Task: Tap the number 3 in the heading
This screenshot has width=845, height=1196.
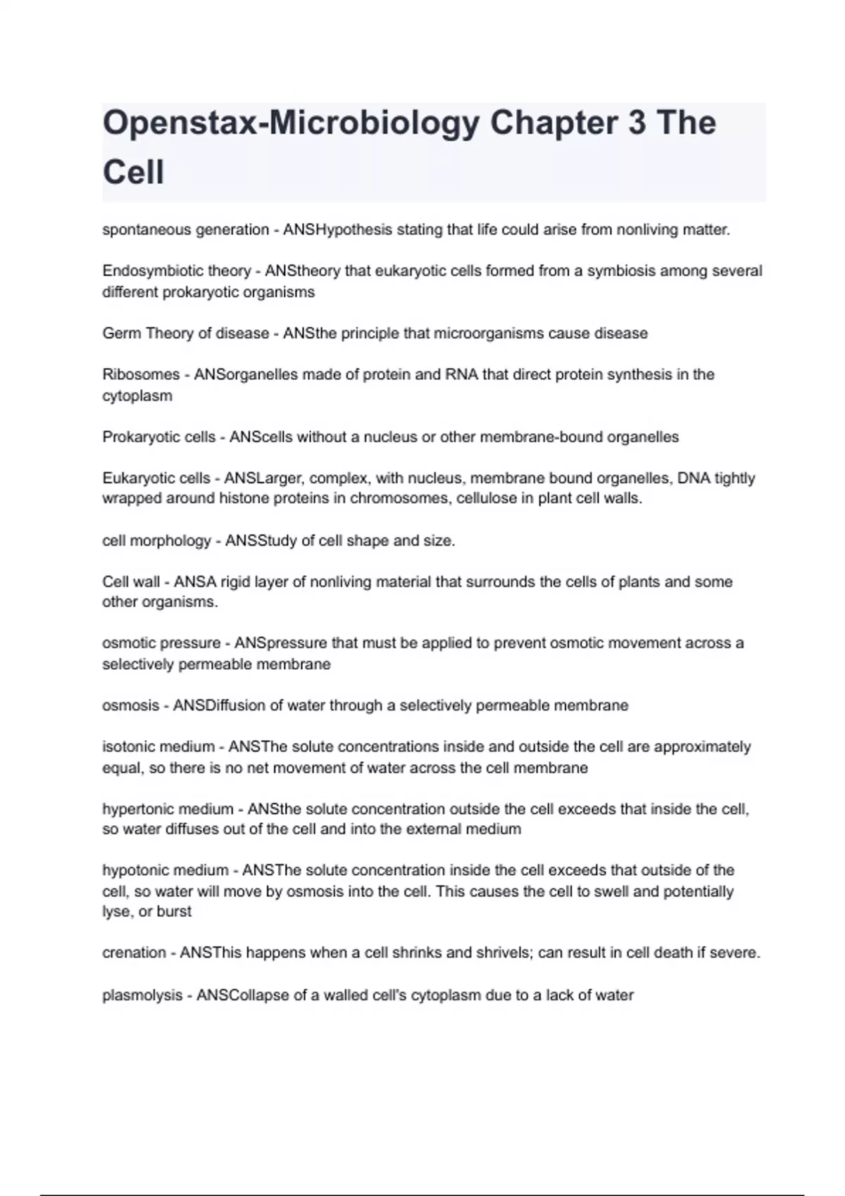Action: [636, 123]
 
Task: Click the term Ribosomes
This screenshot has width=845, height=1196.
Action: [141, 374]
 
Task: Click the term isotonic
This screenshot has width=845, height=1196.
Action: [130, 746]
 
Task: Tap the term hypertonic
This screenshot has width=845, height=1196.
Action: [136, 809]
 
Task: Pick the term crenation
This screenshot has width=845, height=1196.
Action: [134, 953]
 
